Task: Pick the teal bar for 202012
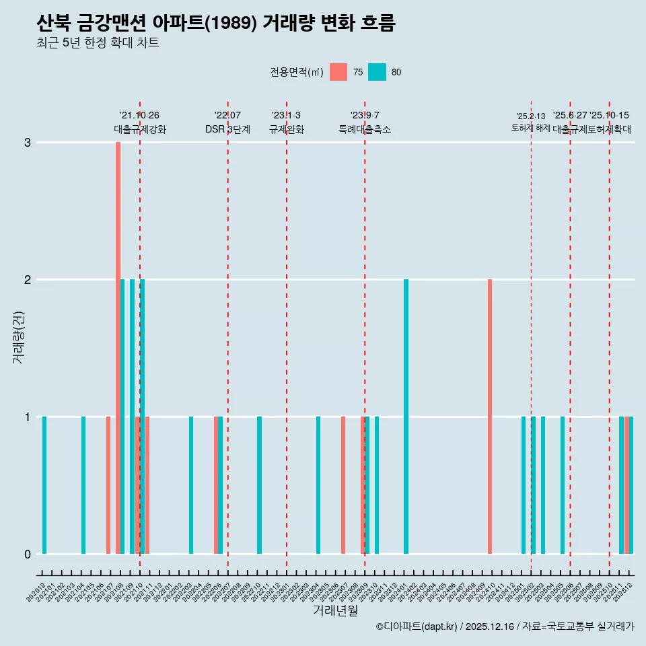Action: point(44,485)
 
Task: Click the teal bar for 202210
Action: point(260,485)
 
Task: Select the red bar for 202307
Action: point(343,485)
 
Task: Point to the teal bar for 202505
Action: point(563,485)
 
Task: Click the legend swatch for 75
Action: point(338,72)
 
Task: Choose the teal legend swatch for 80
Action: point(378,72)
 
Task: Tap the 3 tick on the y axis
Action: point(28,143)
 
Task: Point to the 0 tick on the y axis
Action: point(28,554)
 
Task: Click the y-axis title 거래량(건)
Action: point(19,336)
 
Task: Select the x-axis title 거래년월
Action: point(335,610)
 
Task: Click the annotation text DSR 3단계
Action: point(227,129)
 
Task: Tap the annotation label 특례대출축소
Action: point(364,129)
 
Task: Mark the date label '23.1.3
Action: point(286,116)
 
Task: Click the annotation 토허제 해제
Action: point(531,128)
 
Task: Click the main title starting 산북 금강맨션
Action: point(215,24)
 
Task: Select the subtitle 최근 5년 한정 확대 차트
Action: point(98,44)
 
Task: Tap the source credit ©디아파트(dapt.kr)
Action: point(417,626)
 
